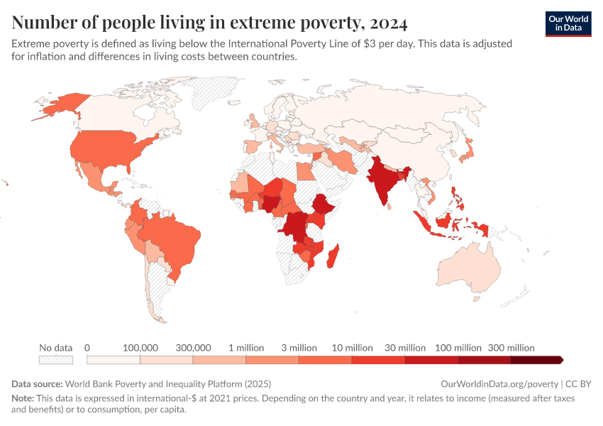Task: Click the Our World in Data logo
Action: tap(568, 23)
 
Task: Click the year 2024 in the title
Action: tap(388, 23)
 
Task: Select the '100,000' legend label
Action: tap(140, 348)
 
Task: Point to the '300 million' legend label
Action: tap(511, 348)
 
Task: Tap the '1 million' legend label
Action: tap(246, 348)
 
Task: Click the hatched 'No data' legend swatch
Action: tap(56, 360)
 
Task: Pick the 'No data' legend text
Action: tap(56, 348)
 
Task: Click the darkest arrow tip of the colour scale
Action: tap(560, 360)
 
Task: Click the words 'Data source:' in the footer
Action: tap(36, 384)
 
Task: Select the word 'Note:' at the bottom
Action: tap(24, 398)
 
